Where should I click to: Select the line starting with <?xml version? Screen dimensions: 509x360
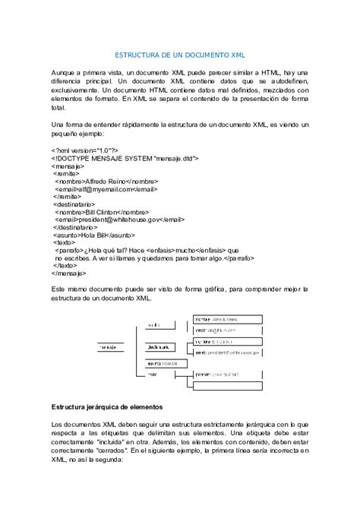pos(84,151)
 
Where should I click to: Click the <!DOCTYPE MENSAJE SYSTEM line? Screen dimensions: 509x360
pos(125,160)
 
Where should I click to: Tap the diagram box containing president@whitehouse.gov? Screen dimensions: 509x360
pos(228,352)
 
